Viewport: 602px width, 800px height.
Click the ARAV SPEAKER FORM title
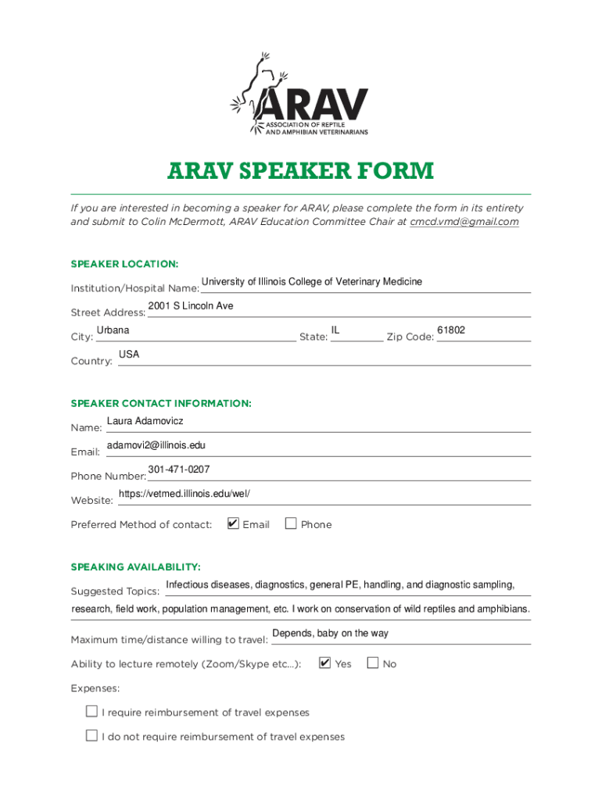[x=300, y=171]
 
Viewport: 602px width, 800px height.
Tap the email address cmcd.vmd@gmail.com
[x=464, y=222]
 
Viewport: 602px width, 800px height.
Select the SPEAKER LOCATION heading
[x=124, y=264]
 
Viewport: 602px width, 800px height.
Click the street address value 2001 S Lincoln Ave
[x=190, y=305]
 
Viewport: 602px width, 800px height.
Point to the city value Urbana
[x=113, y=330]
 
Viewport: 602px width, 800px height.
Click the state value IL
[x=335, y=330]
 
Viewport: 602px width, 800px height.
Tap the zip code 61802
[x=451, y=330]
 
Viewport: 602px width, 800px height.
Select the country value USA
[x=129, y=355]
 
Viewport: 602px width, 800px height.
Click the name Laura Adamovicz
[x=145, y=421]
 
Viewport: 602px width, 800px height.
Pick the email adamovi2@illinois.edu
[x=156, y=445]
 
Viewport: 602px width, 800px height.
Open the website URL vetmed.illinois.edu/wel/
[x=184, y=494]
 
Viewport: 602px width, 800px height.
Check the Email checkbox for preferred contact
[x=233, y=523]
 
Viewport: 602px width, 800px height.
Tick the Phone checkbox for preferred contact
[x=291, y=523]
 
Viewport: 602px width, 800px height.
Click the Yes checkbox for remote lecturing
[x=325, y=663]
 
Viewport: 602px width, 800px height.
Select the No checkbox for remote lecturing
[x=372, y=663]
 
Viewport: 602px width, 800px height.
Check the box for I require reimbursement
[x=91, y=712]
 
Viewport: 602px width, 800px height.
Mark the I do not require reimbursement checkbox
[x=91, y=736]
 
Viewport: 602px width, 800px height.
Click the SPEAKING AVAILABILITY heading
[x=135, y=566]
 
